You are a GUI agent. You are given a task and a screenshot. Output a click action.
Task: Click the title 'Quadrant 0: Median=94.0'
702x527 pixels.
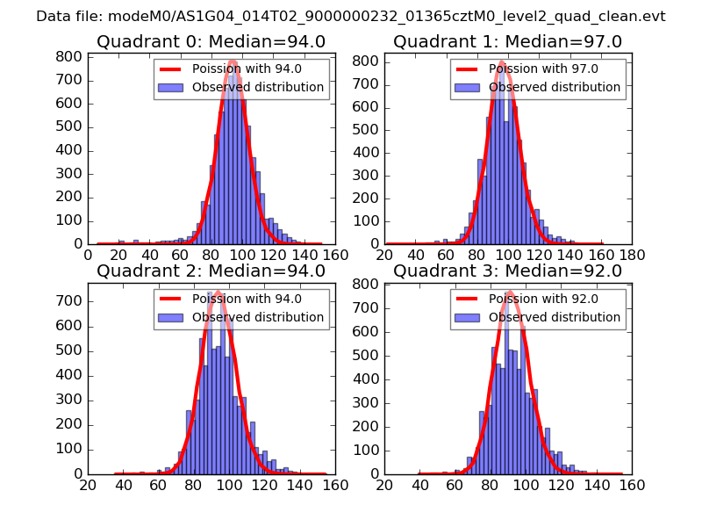(x=211, y=42)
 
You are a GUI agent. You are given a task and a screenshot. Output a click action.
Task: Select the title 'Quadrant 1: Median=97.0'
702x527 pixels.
(x=507, y=42)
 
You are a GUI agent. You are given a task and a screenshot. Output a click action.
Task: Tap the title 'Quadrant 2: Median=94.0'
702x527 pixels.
(x=211, y=271)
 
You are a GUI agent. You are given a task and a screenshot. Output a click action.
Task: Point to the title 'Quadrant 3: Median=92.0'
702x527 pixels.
(x=507, y=271)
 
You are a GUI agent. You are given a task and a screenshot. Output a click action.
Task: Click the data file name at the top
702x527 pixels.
(x=351, y=16)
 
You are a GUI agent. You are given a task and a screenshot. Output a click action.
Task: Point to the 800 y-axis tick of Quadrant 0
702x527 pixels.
(x=70, y=57)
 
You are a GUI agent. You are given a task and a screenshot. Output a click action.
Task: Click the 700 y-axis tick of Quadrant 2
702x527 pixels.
(x=70, y=301)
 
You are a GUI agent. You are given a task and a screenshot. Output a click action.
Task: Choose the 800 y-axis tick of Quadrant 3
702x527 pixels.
(x=367, y=285)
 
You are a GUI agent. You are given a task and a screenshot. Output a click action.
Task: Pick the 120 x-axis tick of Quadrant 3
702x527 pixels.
(x=561, y=484)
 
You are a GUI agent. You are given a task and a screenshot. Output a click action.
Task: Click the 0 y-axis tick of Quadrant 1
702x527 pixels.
(x=375, y=243)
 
